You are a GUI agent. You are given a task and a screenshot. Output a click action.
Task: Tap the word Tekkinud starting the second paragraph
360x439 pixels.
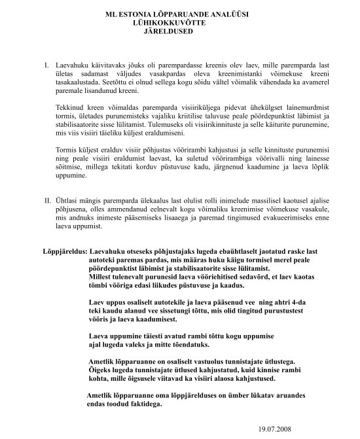[x=73, y=107]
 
